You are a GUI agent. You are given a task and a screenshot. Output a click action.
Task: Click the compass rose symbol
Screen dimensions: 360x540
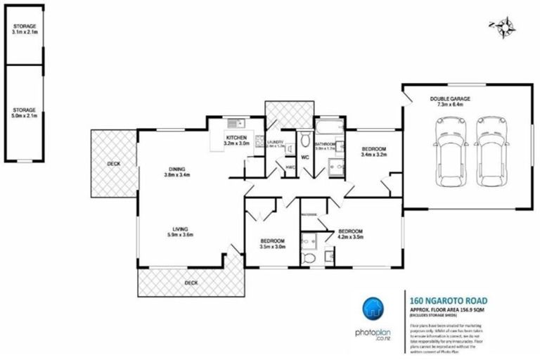pos(503,27)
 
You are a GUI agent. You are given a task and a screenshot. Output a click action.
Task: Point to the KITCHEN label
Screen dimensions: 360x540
pos(236,137)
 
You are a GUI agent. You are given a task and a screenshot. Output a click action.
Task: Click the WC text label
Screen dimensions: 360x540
pos(305,157)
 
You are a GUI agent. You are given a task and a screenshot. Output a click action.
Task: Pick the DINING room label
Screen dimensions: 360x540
pos(176,168)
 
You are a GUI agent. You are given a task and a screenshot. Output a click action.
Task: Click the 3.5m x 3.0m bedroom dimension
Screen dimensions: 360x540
pos(271,247)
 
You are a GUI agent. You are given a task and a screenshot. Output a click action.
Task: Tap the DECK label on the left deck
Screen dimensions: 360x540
pos(113,164)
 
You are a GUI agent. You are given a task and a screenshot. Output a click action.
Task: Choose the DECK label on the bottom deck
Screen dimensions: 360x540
pos(191,283)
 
